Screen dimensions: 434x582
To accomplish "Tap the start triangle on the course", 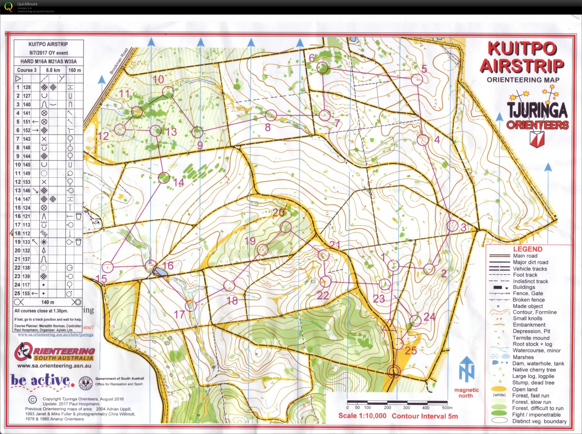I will (389, 326).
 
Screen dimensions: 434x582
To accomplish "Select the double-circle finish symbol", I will (394, 371).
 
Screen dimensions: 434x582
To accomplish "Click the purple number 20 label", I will (279, 212).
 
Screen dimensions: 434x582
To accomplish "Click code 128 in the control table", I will (27, 87).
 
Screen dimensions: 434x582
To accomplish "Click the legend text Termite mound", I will (531, 338).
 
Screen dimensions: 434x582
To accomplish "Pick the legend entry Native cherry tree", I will (534, 370).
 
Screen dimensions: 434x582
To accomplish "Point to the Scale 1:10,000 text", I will (362, 416).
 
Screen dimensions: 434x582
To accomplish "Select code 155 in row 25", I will (27, 293).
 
